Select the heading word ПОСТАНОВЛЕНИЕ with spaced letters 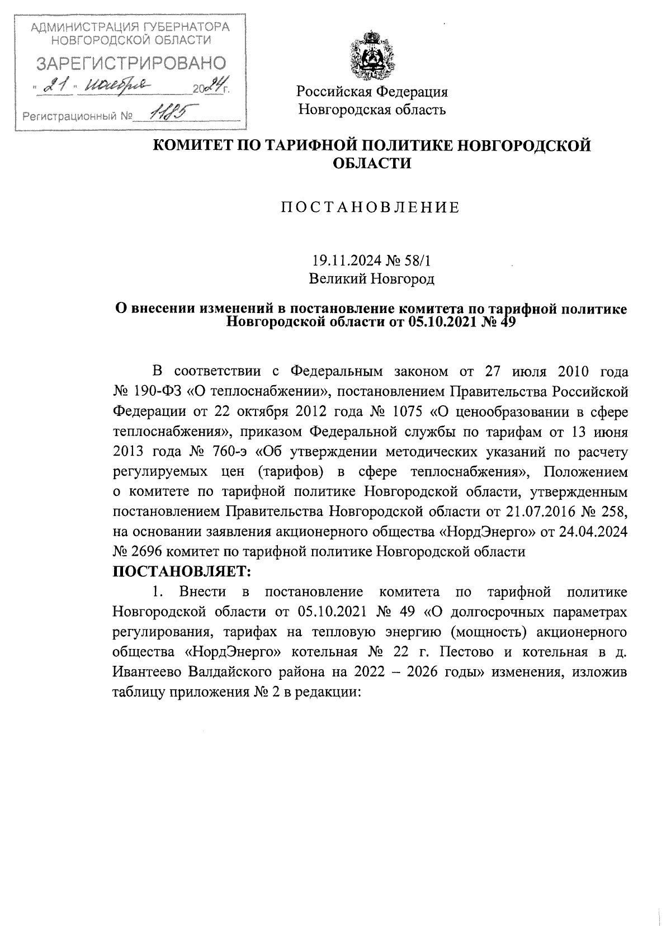pyautogui.click(x=370, y=208)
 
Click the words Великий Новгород pyautogui.click(x=372, y=278)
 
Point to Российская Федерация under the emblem pyautogui.click(x=372, y=92)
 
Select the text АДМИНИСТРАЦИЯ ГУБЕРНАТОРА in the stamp pyautogui.click(x=130, y=26)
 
